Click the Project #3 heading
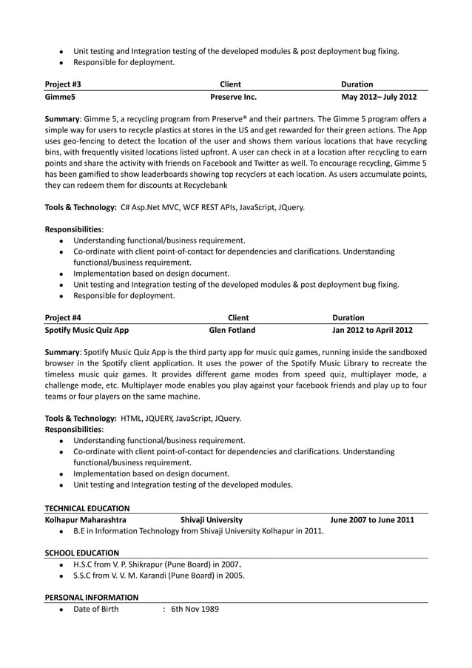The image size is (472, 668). tap(63, 84)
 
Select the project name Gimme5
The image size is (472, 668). tap(60, 97)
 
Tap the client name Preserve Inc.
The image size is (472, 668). tap(233, 97)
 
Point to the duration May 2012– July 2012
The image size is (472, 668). tap(379, 97)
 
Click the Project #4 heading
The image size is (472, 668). tap(63, 317)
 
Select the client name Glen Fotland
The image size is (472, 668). tap(232, 330)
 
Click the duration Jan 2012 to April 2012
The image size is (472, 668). tap(372, 330)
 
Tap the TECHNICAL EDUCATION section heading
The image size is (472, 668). tap(87, 508)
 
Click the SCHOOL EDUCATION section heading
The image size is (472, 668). tap(81, 553)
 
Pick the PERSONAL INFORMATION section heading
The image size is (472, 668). tap(92, 597)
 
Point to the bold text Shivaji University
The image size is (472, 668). tap(211, 520)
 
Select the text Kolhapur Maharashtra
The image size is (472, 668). tap(85, 520)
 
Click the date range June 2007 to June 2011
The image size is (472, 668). tap(372, 520)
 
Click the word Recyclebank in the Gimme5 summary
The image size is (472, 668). tap(203, 184)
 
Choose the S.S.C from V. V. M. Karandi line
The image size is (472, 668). tap(159, 576)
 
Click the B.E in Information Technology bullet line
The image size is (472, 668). tap(198, 531)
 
